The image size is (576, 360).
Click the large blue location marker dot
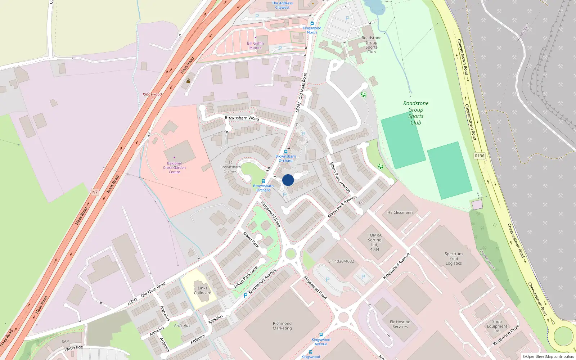(x=288, y=180)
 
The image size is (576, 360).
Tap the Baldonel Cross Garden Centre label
(x=174, y=168)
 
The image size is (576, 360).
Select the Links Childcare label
(x=202, y=291)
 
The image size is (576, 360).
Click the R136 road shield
(x=480, y=156)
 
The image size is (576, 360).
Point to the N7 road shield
(x=95, y=192)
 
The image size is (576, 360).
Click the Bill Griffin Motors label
(x=255, y=45)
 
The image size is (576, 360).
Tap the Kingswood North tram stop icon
(x=312, y=23)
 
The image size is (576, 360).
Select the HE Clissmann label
(x=400, y=212)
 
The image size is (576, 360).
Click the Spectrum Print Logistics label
(x=454, y=258)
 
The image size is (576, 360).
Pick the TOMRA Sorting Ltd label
(x=374, y=242)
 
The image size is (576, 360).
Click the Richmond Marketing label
(x=282, y=326)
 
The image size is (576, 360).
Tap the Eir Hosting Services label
(x=400, y=324)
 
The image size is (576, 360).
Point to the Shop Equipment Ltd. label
(x=497, y=326)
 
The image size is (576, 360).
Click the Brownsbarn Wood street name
(x=242, y=118)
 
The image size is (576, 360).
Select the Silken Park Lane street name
(x=246, y=277)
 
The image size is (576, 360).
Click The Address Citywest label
(x=282, y=5)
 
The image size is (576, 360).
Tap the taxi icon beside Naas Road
(x=188, y=81)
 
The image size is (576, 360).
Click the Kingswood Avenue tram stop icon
(x=321, y=335)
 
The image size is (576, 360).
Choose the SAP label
(x=65, y=341)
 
